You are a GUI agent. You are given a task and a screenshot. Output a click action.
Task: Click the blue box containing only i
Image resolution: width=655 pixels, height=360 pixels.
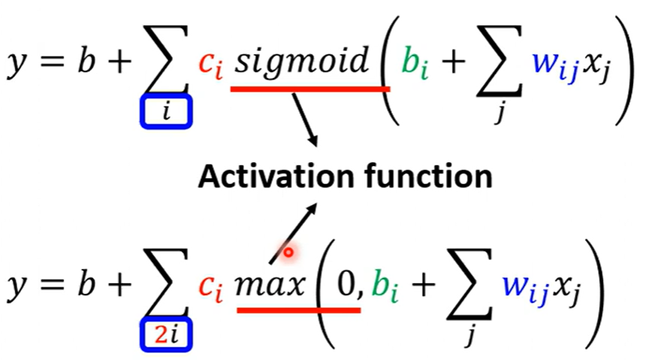coord(167,113)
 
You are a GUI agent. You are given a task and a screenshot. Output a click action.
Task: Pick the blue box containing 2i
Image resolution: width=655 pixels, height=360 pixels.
coord(167,336)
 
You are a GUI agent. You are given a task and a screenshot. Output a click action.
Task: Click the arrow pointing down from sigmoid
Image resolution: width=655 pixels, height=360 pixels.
coord(304,120)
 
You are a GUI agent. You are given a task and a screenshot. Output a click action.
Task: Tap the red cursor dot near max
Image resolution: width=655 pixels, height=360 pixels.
coord(287,253)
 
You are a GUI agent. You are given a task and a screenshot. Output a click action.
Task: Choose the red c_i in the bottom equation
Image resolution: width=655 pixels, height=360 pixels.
coord(212,286)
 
